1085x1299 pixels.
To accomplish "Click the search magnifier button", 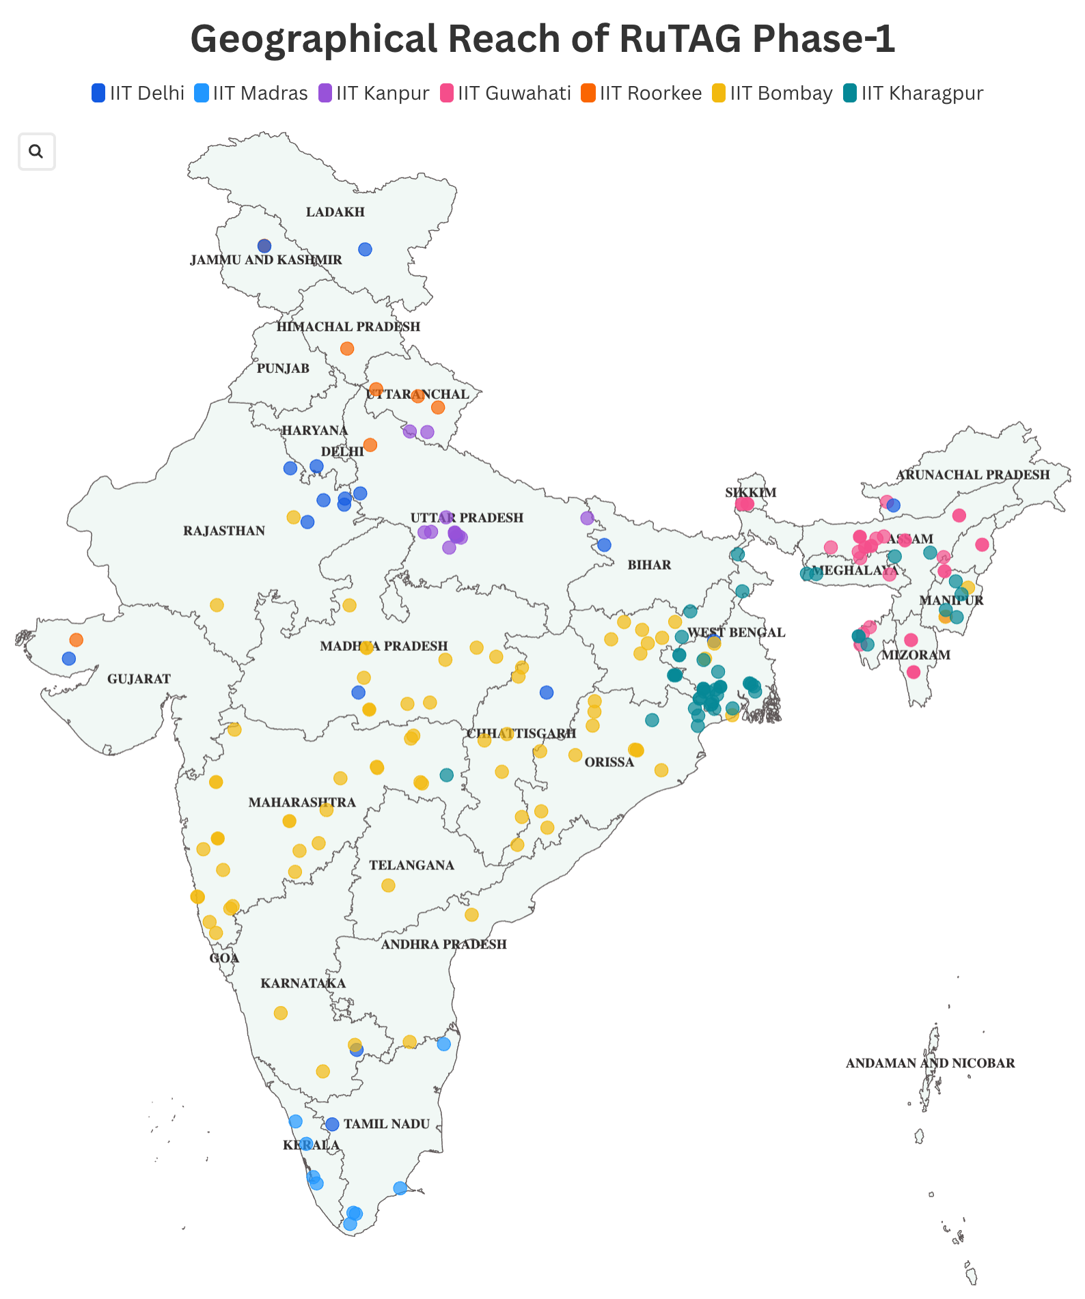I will pyautogui.click(x=36, y=152).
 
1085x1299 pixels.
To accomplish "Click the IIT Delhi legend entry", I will pyautogui.click(x=139, y=94).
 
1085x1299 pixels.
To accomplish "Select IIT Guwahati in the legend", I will pyautogui.click(x=506, y=94).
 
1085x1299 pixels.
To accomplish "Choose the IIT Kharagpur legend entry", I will pyautogui.click(x=914, y=94).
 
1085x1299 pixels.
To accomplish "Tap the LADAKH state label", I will pyautogui.click(x=335, y=212).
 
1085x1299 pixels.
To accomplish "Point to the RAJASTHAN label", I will pyautogui.click(x=224, y=531).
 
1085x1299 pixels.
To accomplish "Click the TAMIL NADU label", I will pyautogui.click(x=387, y=1124).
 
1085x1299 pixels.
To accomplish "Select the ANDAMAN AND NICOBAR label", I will pyautogui.click(x=930, y=1063).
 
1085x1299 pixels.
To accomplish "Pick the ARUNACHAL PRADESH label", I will pyautogui.click(x=972, y=475).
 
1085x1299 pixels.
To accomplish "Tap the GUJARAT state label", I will pyautogui.click(x=139, y=679).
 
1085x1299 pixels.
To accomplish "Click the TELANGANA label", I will pyautogui.click(x=411, y=866).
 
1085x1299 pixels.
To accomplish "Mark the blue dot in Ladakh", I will pyautogui.click(x=366, y=250).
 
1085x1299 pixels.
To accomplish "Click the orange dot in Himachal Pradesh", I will pyautogui.click(x=347, y=349).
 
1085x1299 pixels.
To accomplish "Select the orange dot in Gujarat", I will pyautogui.click(x=77, y=640).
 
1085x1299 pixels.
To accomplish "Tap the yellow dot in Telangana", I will pyautogui.click(x=388, y=886).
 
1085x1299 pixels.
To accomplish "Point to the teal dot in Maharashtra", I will pyautogui.click(x=446, y=775).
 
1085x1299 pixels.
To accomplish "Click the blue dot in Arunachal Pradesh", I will pyautogui.click(x=893, y=506).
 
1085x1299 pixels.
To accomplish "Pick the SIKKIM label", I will pyautogui.click(x=750, y=493).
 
